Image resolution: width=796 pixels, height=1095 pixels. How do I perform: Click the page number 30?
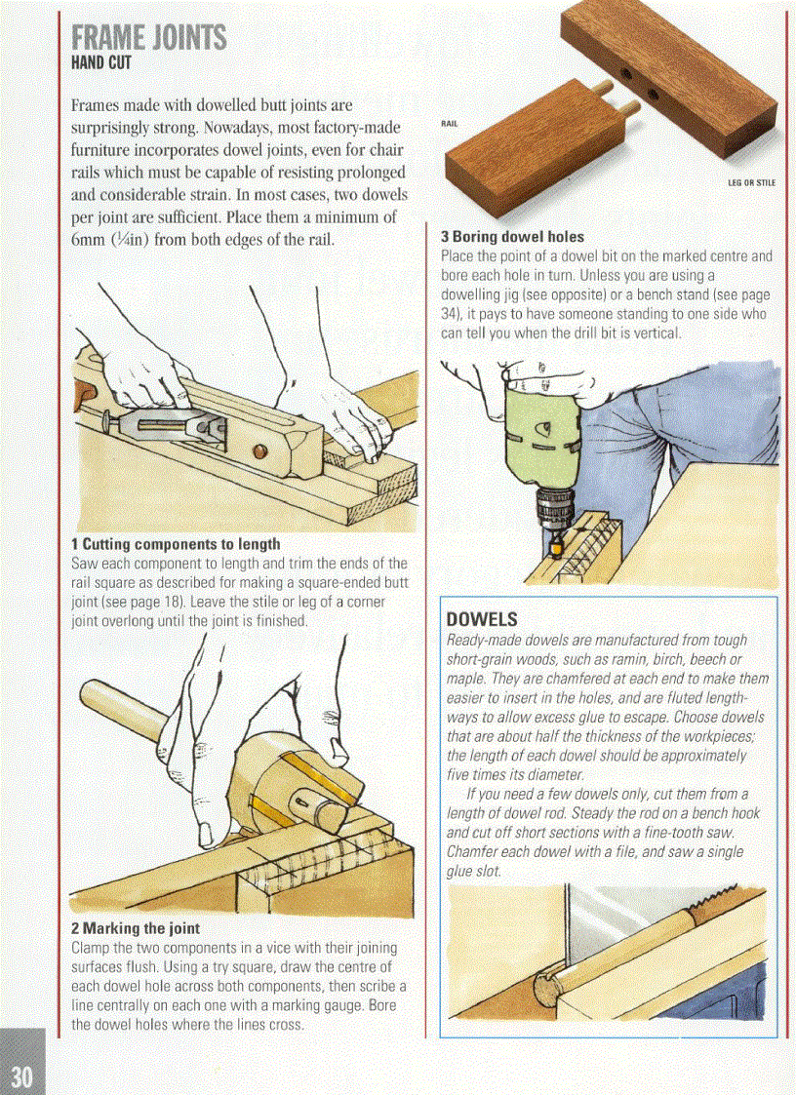[x=22, y=1075]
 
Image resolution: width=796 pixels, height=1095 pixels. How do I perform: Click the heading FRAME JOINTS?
[x=148, y=38]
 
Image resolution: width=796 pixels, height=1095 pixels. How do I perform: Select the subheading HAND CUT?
[x=100, y=64]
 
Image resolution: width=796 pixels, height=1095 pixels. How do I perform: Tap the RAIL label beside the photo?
[x=449, y=124]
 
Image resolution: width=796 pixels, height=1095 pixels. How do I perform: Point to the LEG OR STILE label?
[x=751, y=182]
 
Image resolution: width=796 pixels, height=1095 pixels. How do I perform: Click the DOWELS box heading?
[x=481, y=620]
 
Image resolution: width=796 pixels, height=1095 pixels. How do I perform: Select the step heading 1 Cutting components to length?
[x=176, y=544]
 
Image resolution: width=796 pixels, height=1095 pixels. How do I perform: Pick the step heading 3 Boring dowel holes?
[x=512, y=237]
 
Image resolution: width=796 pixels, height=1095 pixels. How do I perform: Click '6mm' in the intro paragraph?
[x=91, y=238]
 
